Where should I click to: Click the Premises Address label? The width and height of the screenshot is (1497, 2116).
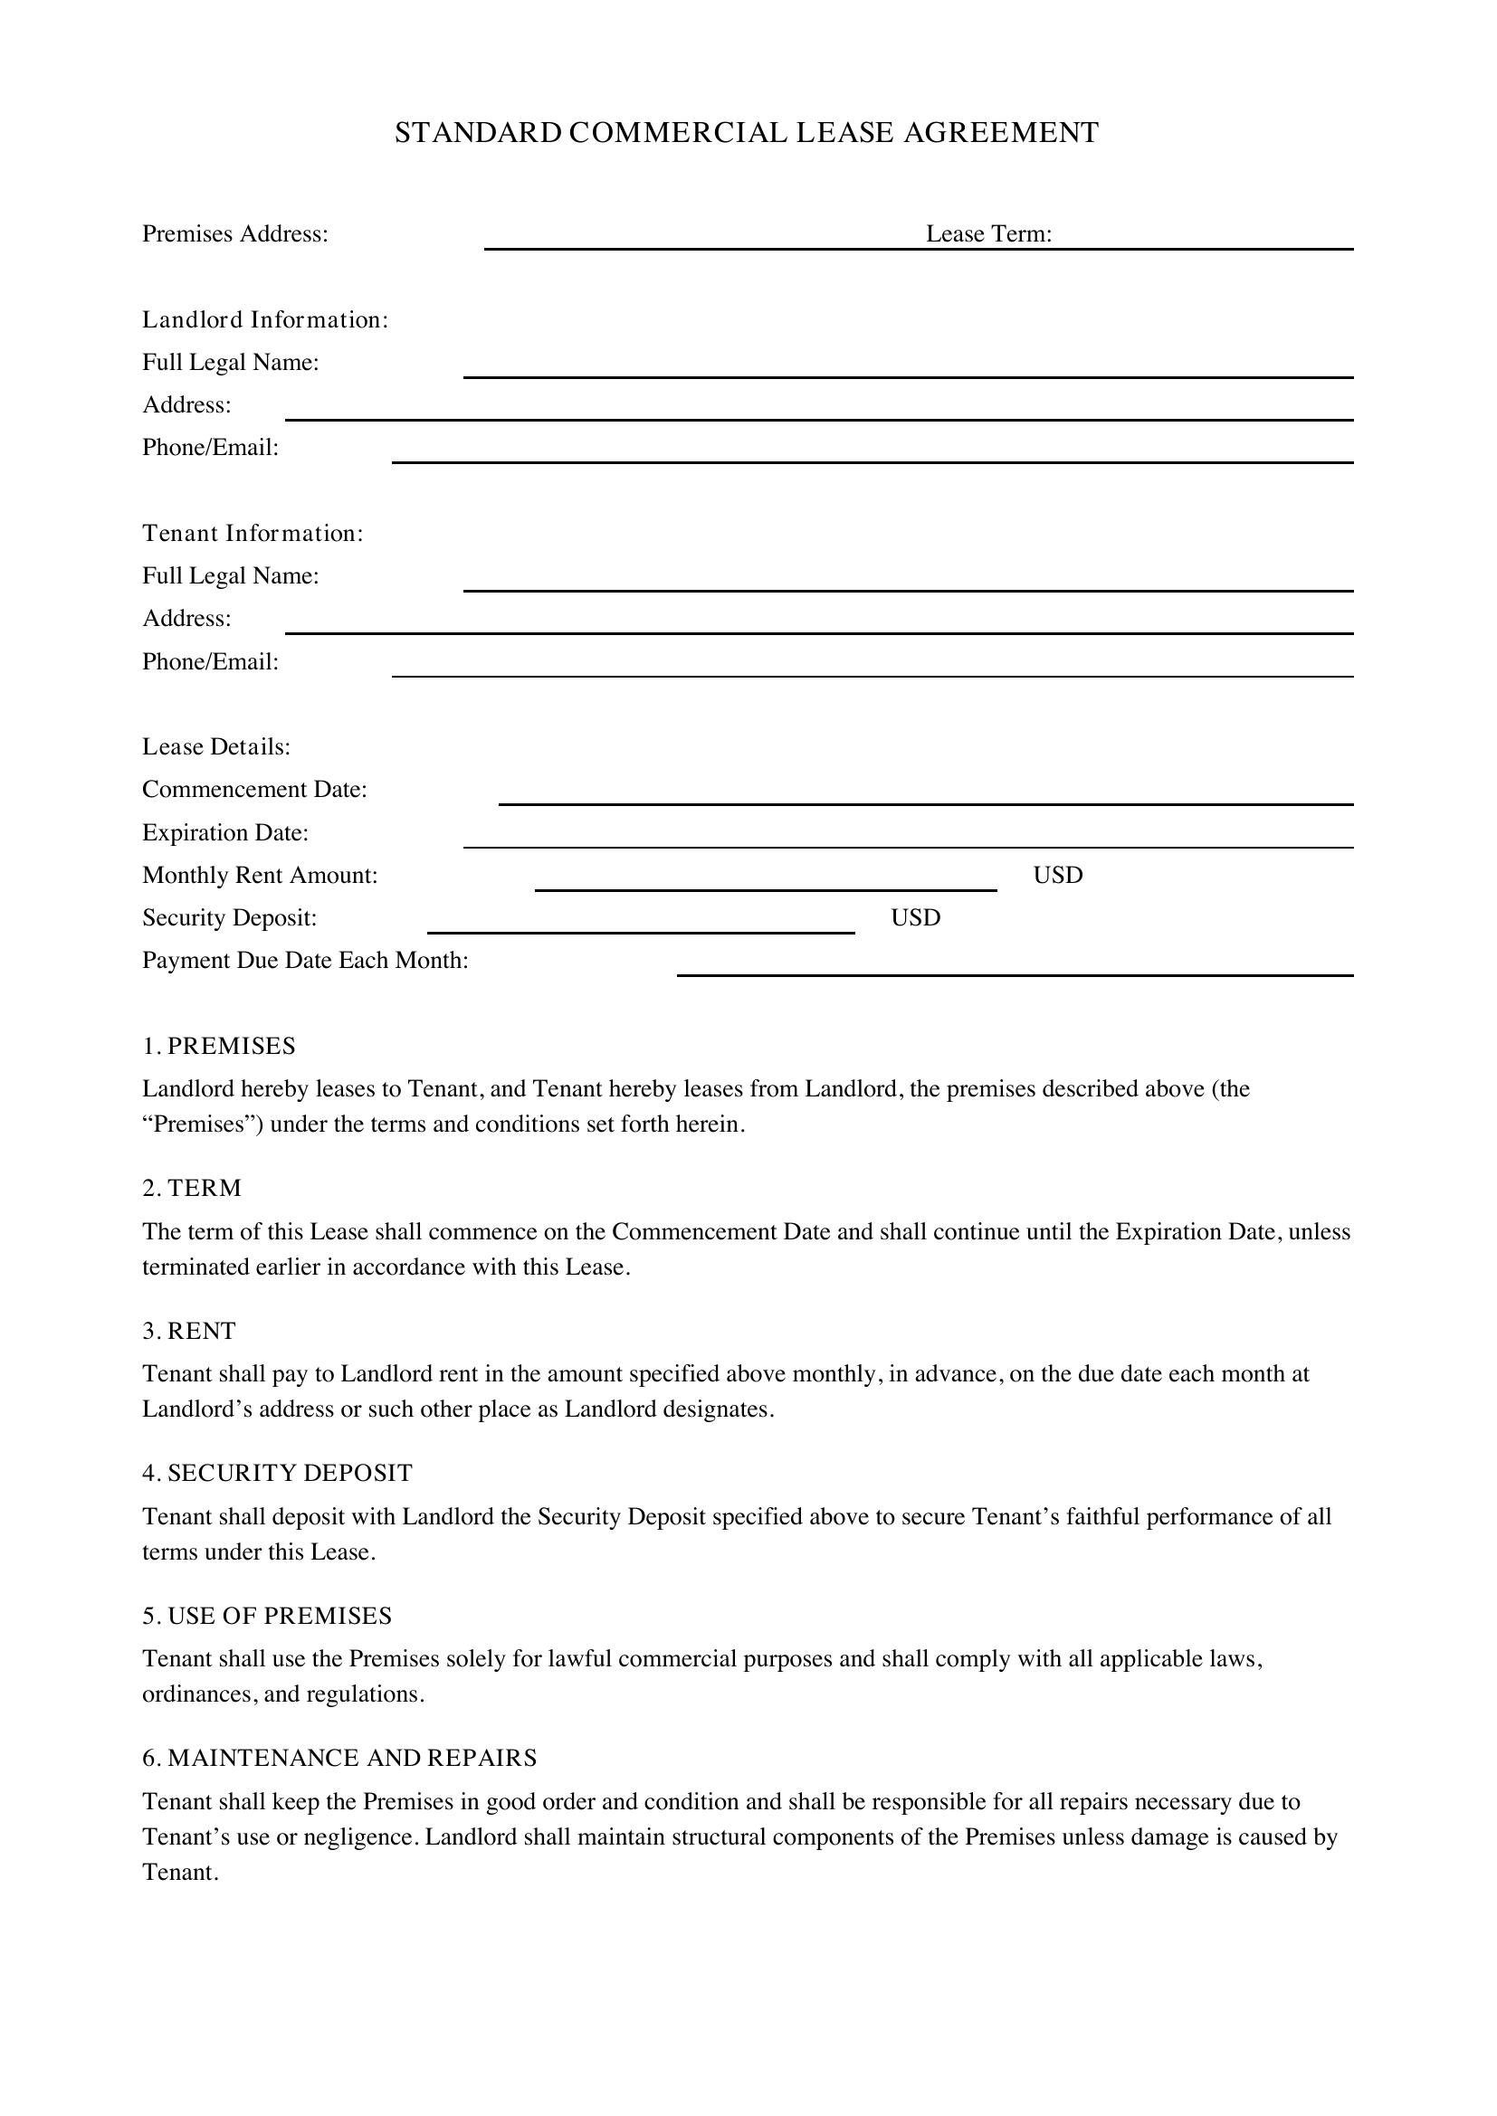(x=235, y=234)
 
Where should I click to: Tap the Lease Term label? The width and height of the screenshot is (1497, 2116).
(x=988, y=234)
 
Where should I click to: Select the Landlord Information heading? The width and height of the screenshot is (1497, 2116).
(x=264, y=319)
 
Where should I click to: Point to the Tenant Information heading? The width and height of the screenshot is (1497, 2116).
(x=253, y=534)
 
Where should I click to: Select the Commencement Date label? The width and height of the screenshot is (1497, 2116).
(x=254, y=790)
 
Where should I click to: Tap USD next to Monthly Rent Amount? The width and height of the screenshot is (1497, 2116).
(x=1057, y=876)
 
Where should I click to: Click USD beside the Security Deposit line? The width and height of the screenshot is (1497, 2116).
(x=915, y=918)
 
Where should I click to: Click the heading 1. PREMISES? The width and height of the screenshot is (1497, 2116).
(x=218, y=1046)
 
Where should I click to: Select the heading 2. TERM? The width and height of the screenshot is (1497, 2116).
(x=192, y=1188)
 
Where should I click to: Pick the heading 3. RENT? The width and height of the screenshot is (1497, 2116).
(x=189, y=1331)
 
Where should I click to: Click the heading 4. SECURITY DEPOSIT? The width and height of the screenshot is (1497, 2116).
(x=277, y=1473)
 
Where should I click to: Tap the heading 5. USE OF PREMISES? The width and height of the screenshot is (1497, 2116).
(x=266, y=1616)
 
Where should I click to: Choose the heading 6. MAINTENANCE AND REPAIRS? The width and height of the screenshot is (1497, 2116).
(x=339, y=1758)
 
